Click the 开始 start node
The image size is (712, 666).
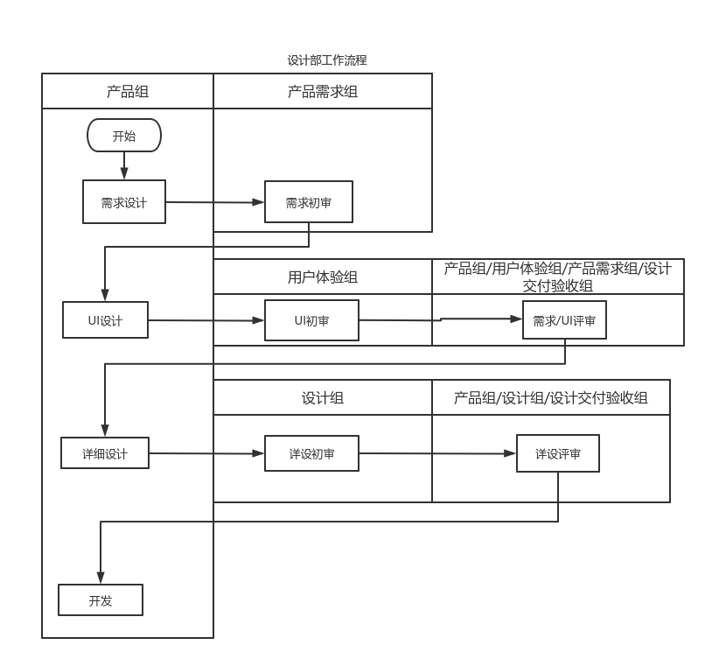pos(124,136)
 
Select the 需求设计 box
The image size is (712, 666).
pos(124,202)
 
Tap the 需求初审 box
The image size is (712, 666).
pos(309,202)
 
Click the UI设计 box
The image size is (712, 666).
pos(105,320)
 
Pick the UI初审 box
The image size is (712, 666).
pos(311,320)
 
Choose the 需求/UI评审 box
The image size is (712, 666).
pos(564,320)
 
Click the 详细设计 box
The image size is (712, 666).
pos(105,453)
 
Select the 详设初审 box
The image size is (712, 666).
pos(311,453)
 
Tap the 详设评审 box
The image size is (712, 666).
pos(558,453)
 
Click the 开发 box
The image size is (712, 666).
pos(101,600)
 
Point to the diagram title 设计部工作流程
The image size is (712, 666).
pos(327,60)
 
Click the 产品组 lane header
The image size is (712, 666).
pos(128,91)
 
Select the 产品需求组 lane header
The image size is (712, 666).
pos(323,91)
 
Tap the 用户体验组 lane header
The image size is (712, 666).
pos(323,277)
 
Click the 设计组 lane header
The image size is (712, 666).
pos(323,397)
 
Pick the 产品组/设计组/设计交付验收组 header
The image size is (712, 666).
pos(551,397)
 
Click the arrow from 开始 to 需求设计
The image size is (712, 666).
pos(124,165)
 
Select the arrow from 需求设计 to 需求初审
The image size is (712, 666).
pos(215,202)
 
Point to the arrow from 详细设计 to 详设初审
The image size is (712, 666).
pos(206,453)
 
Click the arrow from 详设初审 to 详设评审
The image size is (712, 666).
pos(437,453)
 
